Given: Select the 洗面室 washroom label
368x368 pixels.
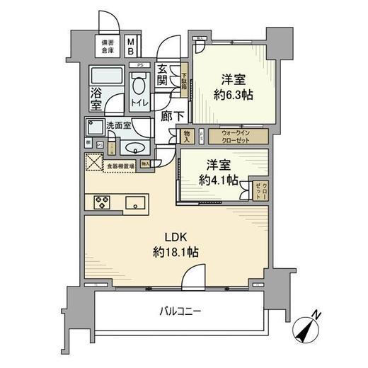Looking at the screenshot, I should point(117,127).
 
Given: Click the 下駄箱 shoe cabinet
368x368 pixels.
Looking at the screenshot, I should point(183,80).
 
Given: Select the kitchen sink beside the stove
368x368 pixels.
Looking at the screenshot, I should point(134,203).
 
